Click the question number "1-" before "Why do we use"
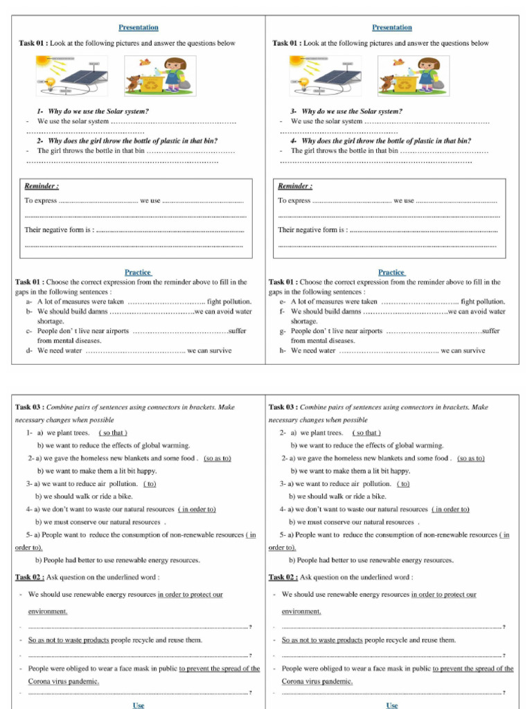click(40, 111)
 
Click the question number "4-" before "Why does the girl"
click(294, 141)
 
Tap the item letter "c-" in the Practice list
click(29, 331)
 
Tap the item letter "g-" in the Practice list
click(283, 331)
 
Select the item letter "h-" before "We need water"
click(283, 350)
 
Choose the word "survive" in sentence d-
click(219, 350)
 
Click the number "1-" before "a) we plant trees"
click(30, 433)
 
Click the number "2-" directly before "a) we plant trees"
click(283, 433)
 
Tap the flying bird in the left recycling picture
click(145, 62)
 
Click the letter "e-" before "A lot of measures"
click(283, 302)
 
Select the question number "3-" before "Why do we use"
click(294, 111)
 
